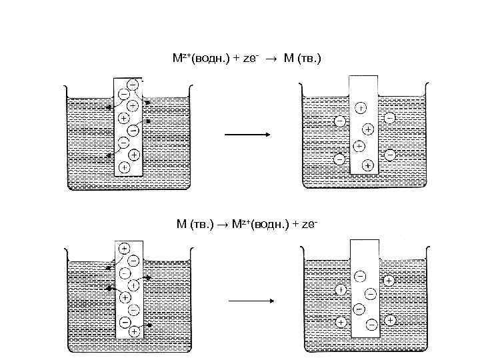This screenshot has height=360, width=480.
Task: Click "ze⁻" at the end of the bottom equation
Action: (311, 224)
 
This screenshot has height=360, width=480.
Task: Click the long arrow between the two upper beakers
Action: (247, 135)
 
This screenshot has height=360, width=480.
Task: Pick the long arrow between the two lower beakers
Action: (251, 301)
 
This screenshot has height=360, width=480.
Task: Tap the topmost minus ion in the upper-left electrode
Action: (132, 84)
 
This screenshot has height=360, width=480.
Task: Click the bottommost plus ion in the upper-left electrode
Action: (123, 166)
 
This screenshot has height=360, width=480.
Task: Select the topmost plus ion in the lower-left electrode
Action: (124, 248)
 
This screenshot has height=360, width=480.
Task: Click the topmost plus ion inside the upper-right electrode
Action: (360, 107)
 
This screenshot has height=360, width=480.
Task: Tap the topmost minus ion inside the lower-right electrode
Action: (360, 275)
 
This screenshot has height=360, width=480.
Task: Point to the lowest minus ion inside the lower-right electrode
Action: (372, 323)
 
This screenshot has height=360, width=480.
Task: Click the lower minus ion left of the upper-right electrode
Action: (339, 159)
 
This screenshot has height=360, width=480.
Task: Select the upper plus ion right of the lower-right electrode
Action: (389, 281)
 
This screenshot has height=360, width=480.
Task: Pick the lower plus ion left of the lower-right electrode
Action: (340, 322)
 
